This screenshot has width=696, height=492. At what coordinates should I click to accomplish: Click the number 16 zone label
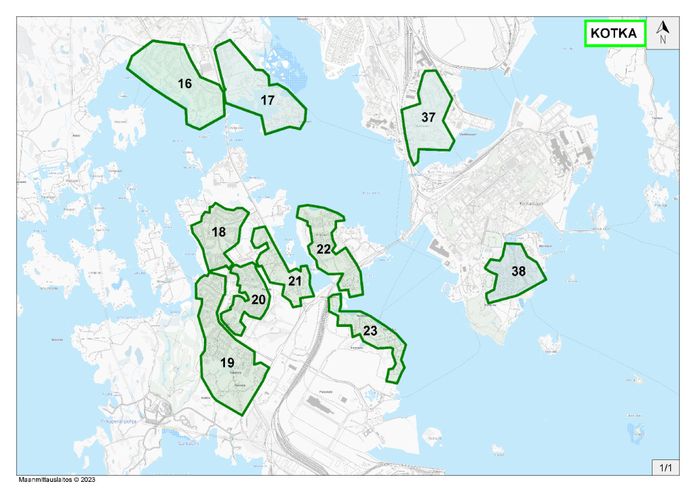click(185, 84)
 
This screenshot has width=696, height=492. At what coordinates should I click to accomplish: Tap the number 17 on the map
click(267, 100)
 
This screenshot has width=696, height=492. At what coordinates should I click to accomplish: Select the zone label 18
click(218, 232)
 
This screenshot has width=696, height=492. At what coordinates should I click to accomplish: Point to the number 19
click(227, 363)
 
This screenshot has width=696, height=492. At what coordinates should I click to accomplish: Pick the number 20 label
click(258, 300)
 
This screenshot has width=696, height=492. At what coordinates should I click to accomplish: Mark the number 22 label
click(324, 249)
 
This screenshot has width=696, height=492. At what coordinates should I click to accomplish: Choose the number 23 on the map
click(370, 332)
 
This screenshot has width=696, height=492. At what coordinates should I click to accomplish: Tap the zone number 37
click(428, 118)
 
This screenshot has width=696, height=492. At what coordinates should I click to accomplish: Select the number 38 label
click(519, 271)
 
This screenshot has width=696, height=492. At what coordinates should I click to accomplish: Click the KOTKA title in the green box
click(614, 33)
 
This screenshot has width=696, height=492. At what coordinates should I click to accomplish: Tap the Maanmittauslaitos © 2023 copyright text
click(57, 479)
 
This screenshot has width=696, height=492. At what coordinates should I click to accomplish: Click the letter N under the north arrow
click(663, 39)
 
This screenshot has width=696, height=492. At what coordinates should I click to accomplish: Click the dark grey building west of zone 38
click(440, 250)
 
